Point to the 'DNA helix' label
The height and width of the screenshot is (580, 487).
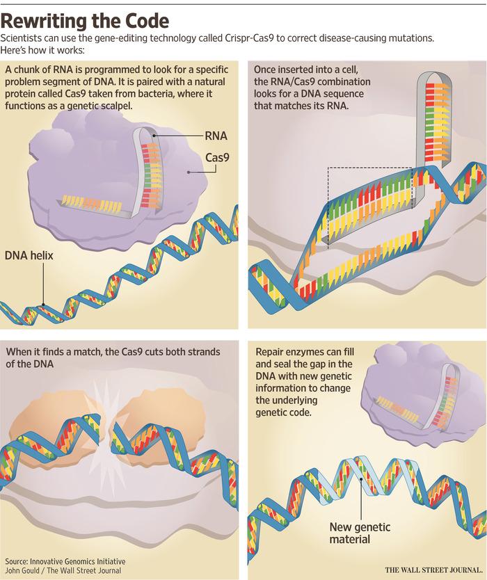pos(29,256)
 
